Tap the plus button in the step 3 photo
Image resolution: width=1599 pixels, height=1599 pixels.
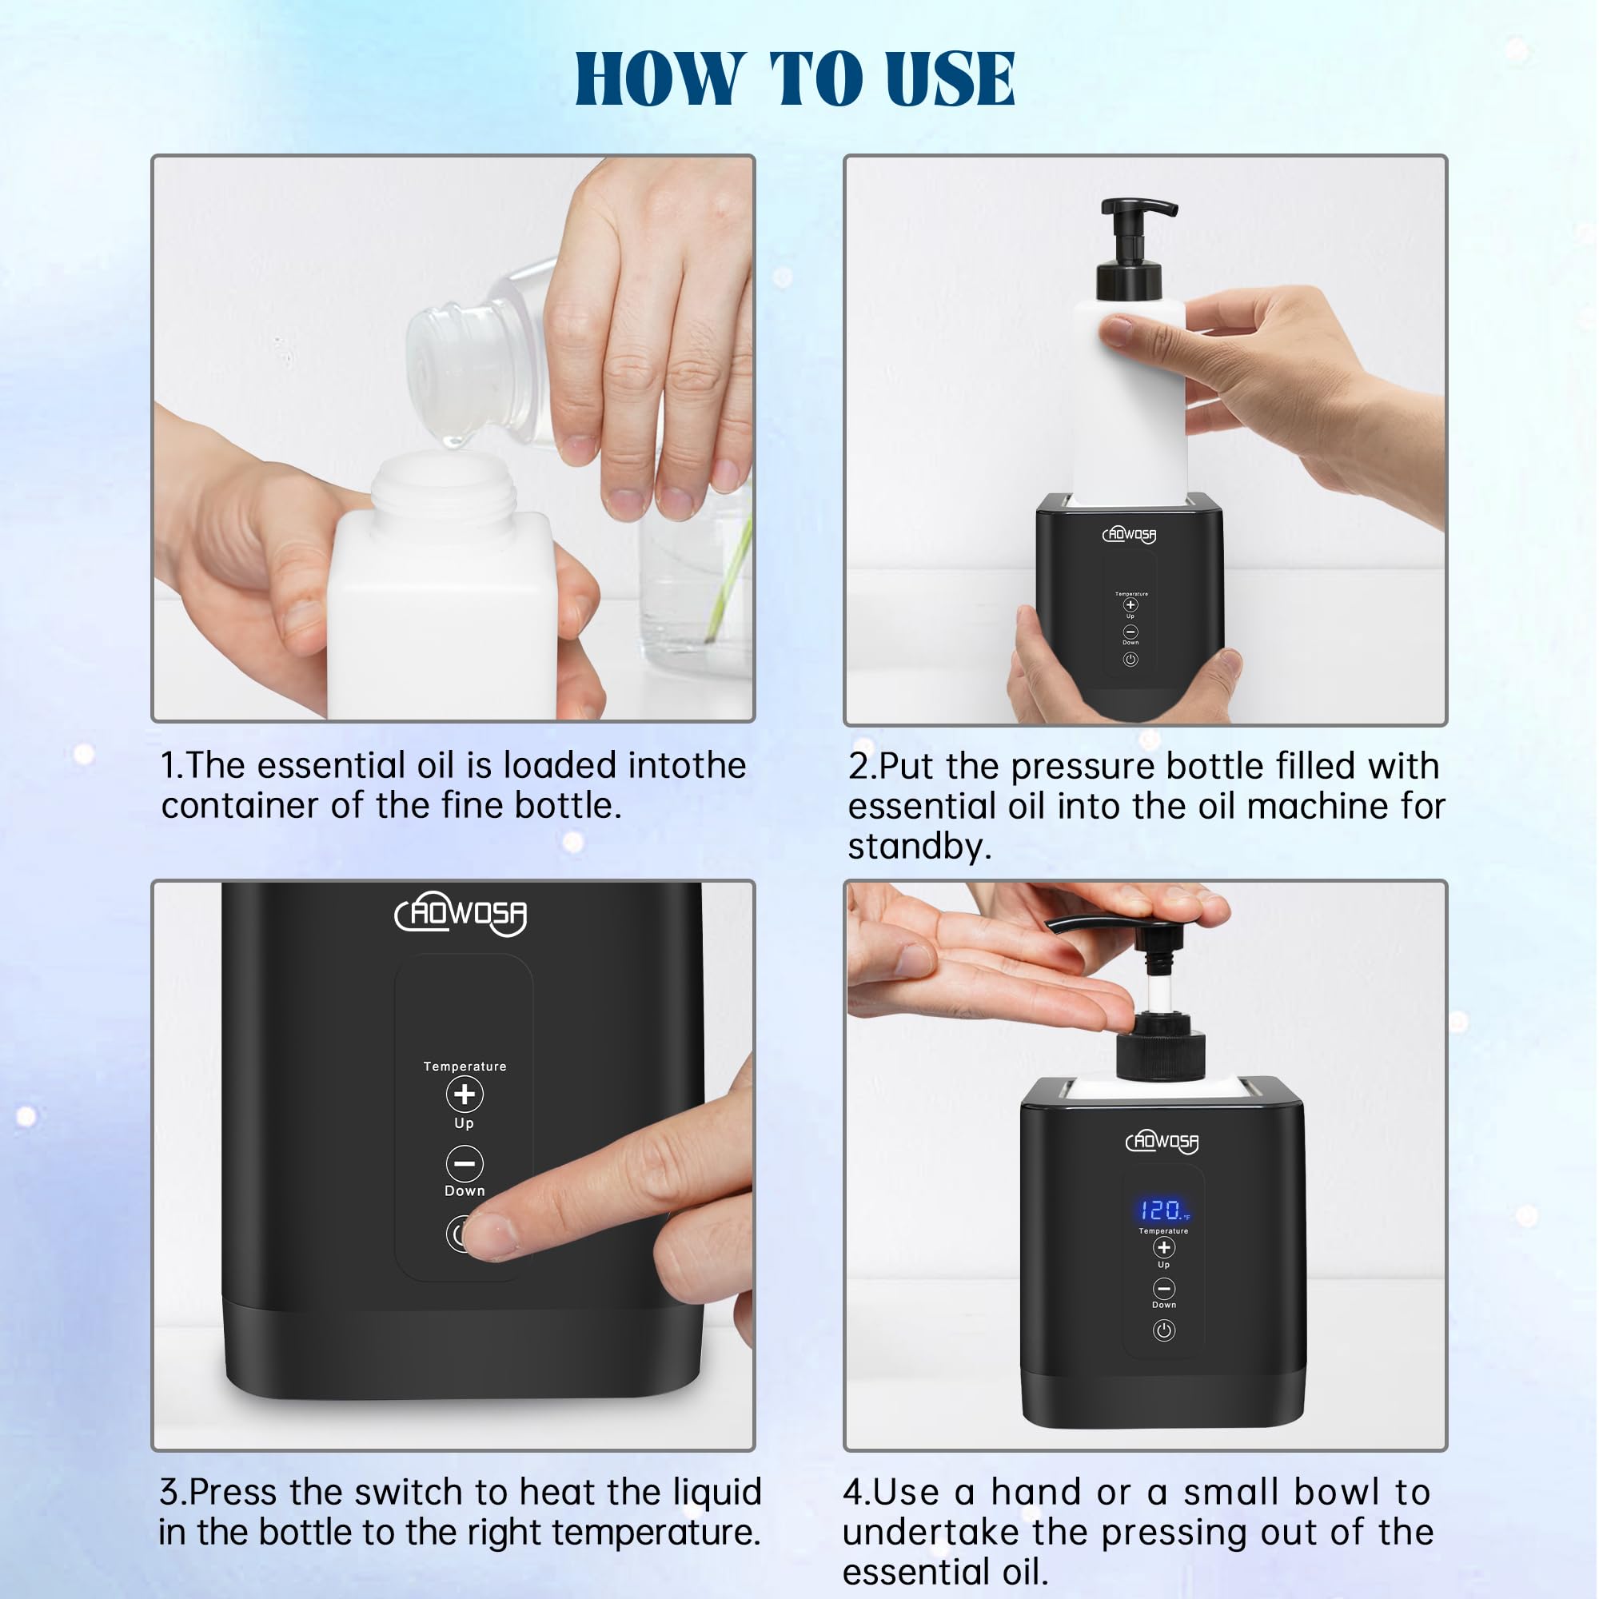click(x=465, y=1095)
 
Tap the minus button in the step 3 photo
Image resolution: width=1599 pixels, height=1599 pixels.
click(x=465, y=1162)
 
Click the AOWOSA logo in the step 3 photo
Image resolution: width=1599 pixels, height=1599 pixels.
click(x=461, y=914)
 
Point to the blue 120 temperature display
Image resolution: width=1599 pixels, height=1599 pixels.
click(x=1162, y=1210)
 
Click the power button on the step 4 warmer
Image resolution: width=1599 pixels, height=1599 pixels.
click(x=1163, y=1331)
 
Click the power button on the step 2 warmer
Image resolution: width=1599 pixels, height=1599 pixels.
click(x=1130, y=660)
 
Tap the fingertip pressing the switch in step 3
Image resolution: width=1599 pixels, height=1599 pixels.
click(x=488, y=1236)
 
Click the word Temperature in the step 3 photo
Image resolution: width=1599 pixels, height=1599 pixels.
click(x=465, y=1066)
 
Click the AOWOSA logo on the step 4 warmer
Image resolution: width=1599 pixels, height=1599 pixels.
click(x=1162, y=1142)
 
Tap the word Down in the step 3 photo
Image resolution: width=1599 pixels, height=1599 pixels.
click(x=465, y=1190)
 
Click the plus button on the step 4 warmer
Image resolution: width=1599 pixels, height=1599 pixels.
click(x=1163, y=1247)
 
